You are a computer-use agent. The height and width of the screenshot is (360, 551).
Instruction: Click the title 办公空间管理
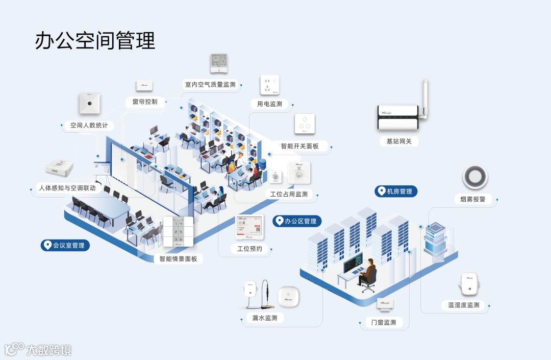tap(95, 40)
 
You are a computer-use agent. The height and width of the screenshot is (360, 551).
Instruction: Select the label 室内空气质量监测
tap(210, 84)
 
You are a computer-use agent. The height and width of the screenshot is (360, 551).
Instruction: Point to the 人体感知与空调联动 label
tap(67, 188)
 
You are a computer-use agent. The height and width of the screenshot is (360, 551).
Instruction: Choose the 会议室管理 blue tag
tap(65, 246)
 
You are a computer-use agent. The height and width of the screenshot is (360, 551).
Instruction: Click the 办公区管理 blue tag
tap(296, 221)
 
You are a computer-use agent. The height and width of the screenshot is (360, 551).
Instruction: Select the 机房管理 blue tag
tap(396, 191)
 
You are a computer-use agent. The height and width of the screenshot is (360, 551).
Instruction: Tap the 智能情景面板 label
tap(178, 259)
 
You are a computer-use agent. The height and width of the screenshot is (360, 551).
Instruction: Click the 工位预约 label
tap(249, 249)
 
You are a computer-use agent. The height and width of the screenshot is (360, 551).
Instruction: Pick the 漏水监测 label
tap(265, 318)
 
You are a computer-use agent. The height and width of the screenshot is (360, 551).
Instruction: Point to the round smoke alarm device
tap(474, 177)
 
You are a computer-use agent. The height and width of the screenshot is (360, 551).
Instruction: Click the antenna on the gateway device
tap(424, 97)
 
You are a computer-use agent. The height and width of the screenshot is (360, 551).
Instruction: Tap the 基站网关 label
tap(398, 141)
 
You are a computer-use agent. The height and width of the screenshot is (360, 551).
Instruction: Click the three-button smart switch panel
tap(305, 124)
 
